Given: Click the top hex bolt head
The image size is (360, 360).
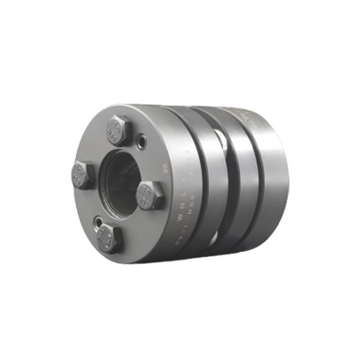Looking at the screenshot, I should [x=119, y=131].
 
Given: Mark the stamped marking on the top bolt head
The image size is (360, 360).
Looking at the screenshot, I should [x=119, y=131].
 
